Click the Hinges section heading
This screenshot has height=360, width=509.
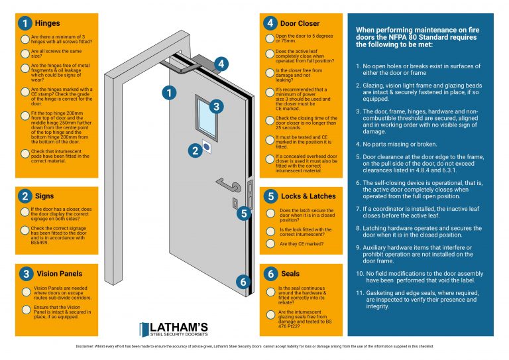[x=47, y=24]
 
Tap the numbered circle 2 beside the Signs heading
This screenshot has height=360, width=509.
[x=25, y=196]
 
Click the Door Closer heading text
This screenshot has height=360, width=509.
[x=300, y=24]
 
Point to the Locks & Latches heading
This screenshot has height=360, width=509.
[x=308, y=196]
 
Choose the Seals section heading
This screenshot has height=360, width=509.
[x=291, y=273]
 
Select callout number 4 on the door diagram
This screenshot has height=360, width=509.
[x=221, y=64]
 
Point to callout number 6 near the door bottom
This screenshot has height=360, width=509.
[x=244, y=281]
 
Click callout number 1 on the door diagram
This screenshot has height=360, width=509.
[x=170, y=93]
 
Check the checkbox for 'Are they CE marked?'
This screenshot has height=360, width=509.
[x=270, y=244]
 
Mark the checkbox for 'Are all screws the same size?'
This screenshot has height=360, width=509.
[x=25, y=53]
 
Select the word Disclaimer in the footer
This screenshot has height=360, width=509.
[x=85, y=347]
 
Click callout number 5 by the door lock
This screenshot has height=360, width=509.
[x=244, y=213]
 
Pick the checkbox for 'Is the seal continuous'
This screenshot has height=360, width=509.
[x=270, y=292]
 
